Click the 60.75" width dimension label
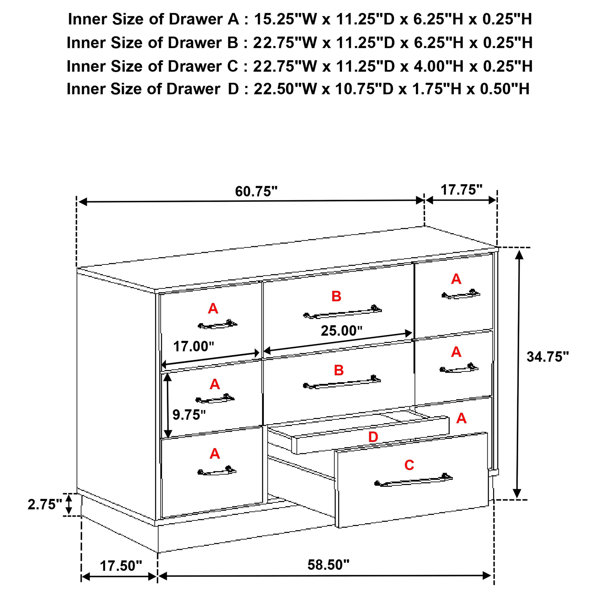pos(256,192)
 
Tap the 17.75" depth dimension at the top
pos(461,190)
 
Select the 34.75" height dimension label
pos(548,357)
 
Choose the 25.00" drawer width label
pos(341,331)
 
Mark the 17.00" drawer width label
pos(193,346)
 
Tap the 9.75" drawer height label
pos(189,415)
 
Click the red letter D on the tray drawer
pos(373,437)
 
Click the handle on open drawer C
pos(413,481)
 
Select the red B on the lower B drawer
pos(339,370)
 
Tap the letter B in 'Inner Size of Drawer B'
pos(233,43)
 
